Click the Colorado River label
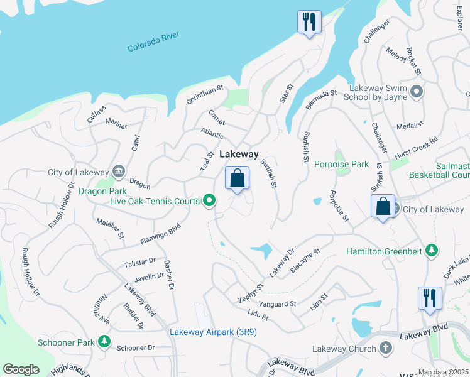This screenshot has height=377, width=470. (x=154, y=43)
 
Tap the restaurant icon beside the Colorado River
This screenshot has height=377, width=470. (x=309, y=23)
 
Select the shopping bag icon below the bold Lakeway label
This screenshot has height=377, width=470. (x=237, y=178)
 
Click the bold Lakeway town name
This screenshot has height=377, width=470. (x=239, y=154)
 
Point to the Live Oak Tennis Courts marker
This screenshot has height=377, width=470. (x=209, y=201)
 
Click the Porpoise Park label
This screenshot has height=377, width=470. (x=341, y=165)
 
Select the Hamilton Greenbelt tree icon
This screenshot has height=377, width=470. (x=431, y=251)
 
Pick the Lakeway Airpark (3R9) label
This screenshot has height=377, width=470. (x=213, y=332)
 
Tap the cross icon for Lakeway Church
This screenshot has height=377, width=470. (x=385, y=349)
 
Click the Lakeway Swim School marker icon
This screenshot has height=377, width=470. (x=416, y=94)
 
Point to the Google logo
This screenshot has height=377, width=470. (x=21, y=369)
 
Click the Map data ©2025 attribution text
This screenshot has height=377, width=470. (x=444, y=372)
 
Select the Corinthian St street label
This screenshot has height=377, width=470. (x=205, y=96)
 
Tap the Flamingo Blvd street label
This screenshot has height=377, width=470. (x=160, y=234)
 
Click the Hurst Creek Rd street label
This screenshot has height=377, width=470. (x=415, y=149)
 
